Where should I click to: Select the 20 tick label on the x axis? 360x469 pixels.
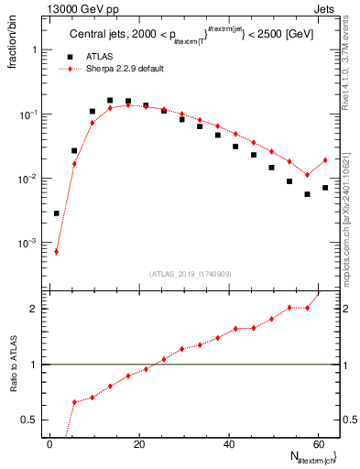[x=139, y=443]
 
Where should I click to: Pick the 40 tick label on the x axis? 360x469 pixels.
[x=228, y=443]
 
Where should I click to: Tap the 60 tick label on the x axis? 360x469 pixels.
[x=317, y=443]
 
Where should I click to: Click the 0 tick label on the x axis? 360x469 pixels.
[x=50, y=443]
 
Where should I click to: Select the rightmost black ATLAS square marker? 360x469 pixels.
[x=325, y=188]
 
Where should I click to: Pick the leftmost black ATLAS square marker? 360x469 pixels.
[x=57, y=213]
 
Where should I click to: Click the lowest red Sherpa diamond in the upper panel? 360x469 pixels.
[x=57, y=252]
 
